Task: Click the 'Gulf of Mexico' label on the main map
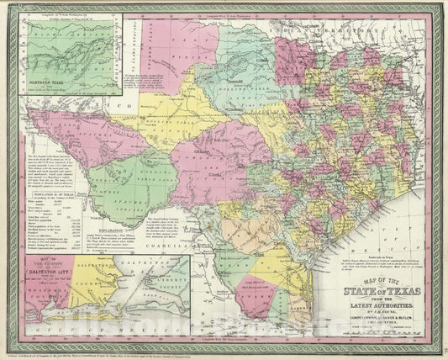(x=403, y=210)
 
